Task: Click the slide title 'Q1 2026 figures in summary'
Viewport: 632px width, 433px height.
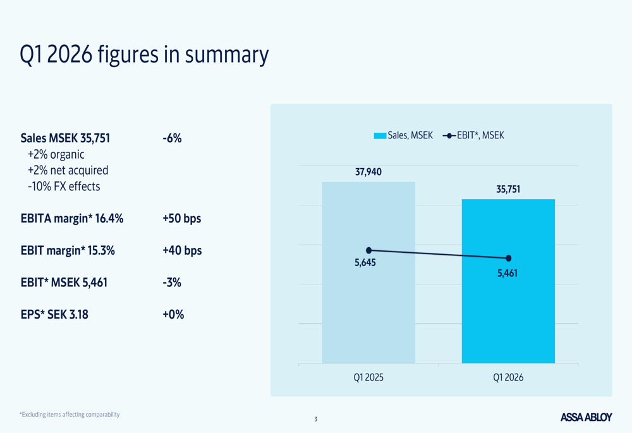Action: (x=144, y=55)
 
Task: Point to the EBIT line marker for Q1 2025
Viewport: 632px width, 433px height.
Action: (x=369, y=250)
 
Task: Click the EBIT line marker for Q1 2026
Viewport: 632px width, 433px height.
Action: (x=509, y=258)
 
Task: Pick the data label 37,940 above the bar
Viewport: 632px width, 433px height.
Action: (x=368, y=172)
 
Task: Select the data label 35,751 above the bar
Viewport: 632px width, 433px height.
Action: (x=508, y=189)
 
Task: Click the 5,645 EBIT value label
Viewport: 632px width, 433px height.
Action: (x=365, y=263)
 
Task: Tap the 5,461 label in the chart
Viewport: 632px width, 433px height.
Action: (x=507, y=273)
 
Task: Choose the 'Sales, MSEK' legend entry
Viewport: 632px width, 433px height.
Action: (x=404, y=135)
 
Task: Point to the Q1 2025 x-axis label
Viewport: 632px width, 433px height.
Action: (x=368, y=377)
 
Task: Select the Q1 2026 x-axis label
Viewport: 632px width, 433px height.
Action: (x=508, y=377)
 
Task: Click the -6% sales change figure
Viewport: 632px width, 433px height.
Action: (x=172, y=138)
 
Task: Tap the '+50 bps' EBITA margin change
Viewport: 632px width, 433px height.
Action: (x=181, y=219)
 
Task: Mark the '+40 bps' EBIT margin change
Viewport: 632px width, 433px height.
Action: (x=181, y=250)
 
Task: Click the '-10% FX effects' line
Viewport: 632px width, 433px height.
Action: (x=64, y=186)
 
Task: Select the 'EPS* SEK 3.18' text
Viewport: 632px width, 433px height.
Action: (x=54, y=314)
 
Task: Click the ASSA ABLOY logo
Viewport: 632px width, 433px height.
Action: (x=586, y=417)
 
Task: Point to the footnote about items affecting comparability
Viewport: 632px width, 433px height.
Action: (x=70, y=415)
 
